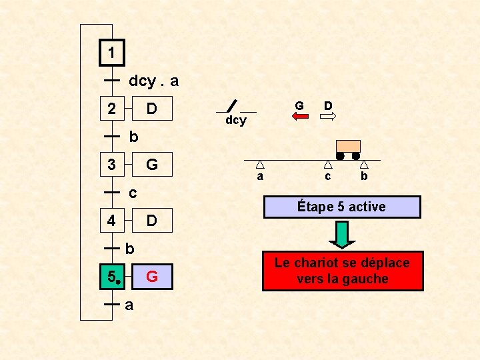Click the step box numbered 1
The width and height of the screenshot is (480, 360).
tap(112, 52)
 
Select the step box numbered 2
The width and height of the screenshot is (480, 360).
tap(112, 108)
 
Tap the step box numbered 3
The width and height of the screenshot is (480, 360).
tap(112, 164)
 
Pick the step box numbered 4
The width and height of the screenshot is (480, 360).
tap(112, 220)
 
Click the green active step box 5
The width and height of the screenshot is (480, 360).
tap(112, 276)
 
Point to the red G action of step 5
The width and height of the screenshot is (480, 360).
tap(152, 276)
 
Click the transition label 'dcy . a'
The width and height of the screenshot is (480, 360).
tap(153, 81)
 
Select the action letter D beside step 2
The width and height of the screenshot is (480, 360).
tap(152, 108)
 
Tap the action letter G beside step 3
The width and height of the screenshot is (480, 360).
tap(152, 164)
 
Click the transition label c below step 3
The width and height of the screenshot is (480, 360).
tap(133, 193)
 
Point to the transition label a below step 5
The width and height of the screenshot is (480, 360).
tap(129, 305)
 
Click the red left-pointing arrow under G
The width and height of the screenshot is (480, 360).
tap(300, 117)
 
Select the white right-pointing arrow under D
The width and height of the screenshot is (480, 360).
tap(328, 117)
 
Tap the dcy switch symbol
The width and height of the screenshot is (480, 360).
tap(231, 106)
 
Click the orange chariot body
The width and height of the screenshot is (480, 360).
tap(348, 147)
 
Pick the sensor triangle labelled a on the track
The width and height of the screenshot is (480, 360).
tap(260, 164)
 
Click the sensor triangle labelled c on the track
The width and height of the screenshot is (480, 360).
tap(328, 164)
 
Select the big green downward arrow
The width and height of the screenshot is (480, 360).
tap(341, 234)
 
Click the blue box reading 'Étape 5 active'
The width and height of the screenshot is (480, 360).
tap(341, 207)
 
